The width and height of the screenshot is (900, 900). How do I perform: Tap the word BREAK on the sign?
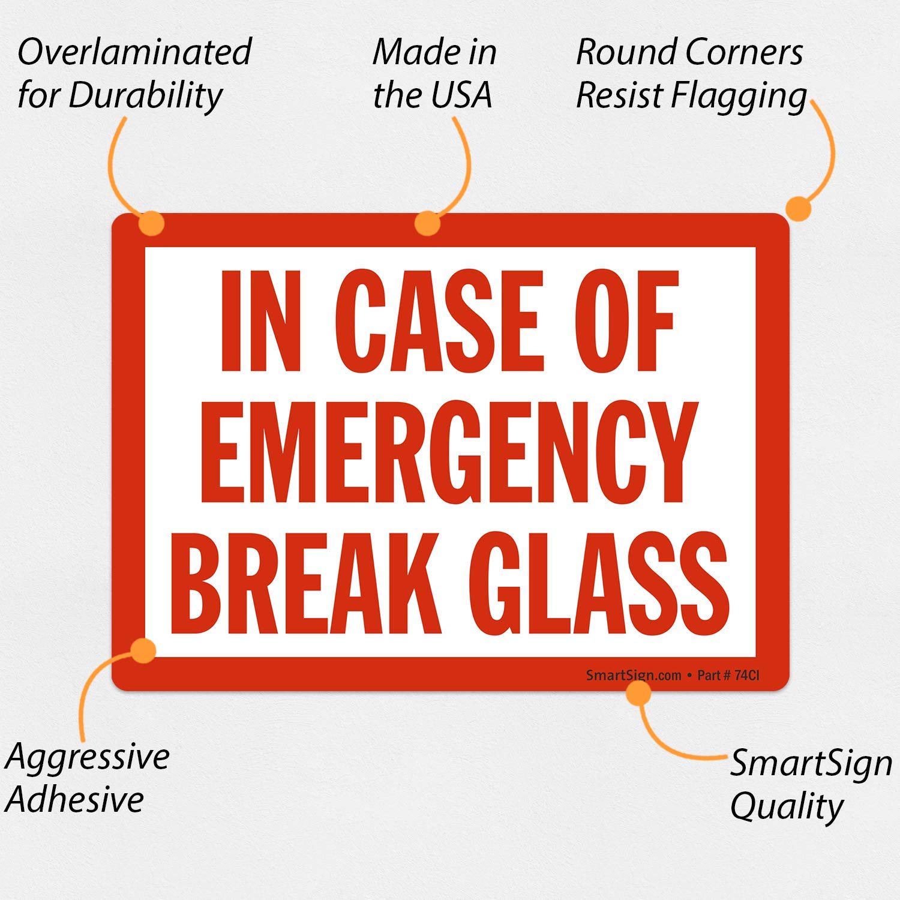[x=306, y=585]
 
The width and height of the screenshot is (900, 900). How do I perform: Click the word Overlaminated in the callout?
[x=134, y=52]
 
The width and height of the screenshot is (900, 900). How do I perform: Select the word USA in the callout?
[x=460, y=96]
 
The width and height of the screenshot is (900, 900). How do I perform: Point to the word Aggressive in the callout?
[x=88, y=757]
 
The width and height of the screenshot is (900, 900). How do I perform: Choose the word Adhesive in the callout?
[x=76, y=800]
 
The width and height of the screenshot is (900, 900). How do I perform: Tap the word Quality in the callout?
[x=787, y=807]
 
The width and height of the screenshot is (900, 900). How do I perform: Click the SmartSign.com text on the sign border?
[x=634, y=676]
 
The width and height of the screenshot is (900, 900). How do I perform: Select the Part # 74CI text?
[x=728, y=676]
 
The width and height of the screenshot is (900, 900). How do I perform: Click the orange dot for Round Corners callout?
[x=799, y=209]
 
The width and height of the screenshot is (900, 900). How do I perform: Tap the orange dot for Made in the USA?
[x=427, y=223]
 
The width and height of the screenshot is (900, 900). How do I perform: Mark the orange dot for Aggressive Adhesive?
[x=143, y=650]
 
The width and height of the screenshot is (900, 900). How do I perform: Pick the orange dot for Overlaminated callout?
[x=151, y=223]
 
